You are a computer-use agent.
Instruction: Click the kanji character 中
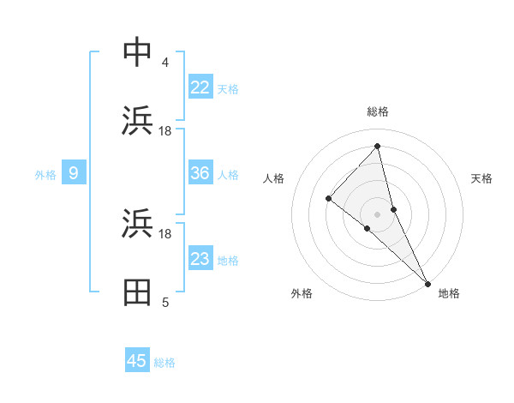tap(137, 52)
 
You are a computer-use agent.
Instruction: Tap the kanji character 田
tap(137, 292)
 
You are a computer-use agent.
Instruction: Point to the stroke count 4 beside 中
tap(165, 63)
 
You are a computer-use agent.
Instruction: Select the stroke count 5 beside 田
tap(165, 303)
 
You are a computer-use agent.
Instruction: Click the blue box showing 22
tap(200, 87)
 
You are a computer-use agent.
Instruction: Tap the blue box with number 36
tap(200, 173)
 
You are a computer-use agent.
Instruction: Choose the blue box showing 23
tap(200, 259)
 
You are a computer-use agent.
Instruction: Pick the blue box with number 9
tap(74, 173)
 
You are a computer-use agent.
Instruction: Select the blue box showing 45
tap(137, 361)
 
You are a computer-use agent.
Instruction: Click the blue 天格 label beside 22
tap(228, 88)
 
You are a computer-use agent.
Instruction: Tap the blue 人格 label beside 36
tap(228, 174)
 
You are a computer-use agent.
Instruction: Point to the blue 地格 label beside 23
tap(228, 260)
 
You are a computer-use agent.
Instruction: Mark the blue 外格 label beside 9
tap(45, 174)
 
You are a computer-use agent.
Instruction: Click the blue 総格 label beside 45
tap(164, 362)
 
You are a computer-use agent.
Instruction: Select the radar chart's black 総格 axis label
tap(378, 111)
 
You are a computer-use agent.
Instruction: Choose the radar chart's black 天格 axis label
tap(482, 178)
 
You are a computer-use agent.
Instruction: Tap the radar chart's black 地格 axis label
tap(449, 293)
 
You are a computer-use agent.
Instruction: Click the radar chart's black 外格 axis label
tap(302, 293)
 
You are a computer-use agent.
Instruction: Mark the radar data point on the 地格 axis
tap(427, 282)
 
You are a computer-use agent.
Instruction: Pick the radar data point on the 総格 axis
tap(378, 147)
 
